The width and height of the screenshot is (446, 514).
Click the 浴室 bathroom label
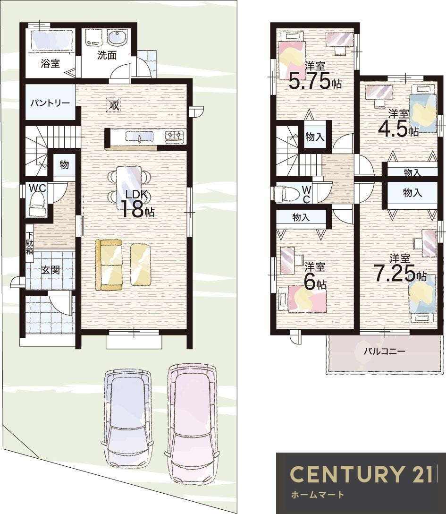[50, 63]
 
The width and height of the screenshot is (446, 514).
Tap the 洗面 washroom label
[107, 55]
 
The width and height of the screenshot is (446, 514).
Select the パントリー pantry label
[50, 103]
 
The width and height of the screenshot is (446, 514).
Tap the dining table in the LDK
[129, 188]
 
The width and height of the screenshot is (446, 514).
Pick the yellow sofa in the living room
[109, 265]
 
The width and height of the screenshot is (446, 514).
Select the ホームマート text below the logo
[317, 494]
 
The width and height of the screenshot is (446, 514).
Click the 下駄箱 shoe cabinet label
[29, 243]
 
